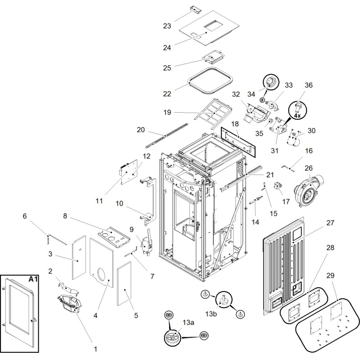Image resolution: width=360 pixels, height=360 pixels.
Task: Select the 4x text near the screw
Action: pyautogui.click(x=297, y=116)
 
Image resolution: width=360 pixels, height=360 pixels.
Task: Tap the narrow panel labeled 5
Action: pyautogui.click(x=124, y=284)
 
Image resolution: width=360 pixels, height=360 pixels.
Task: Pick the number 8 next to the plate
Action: pyautogui.click(x=65, y=216)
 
